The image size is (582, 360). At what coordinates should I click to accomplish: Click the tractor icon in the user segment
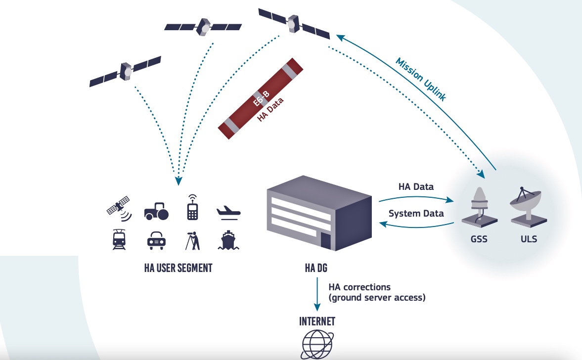click(156, 211)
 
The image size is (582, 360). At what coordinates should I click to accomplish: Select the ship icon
click(228, 240)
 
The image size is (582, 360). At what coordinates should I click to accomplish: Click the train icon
click(119, 240)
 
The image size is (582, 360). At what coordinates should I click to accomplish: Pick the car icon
click(156, 240)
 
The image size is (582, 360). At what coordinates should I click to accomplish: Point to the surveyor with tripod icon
click(193, 240)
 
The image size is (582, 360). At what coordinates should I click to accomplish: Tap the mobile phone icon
click(192, 208)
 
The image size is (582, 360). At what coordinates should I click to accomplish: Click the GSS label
click(479, 239)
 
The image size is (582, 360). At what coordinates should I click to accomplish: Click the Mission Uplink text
click(421, 79)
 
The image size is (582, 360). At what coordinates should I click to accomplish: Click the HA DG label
click(316, 269)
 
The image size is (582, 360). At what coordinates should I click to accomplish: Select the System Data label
click(416, 214)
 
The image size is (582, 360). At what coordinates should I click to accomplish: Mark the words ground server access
click(378, 298)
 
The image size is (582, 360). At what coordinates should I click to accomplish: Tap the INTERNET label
click(317, 321)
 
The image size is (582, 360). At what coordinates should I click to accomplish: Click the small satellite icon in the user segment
click(119, 208)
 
